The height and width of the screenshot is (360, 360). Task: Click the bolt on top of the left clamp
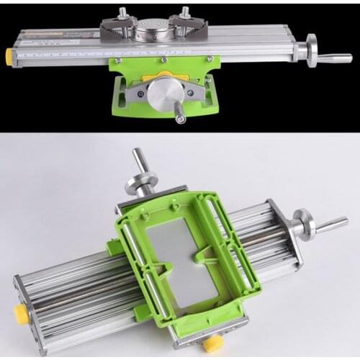pyautogui.click(x=122, y=12)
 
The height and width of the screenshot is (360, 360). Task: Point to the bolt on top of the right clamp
pyautogui.click(x=185, y=12)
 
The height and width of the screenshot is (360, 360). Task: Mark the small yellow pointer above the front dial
pyautogui.click(x=165, y=75)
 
